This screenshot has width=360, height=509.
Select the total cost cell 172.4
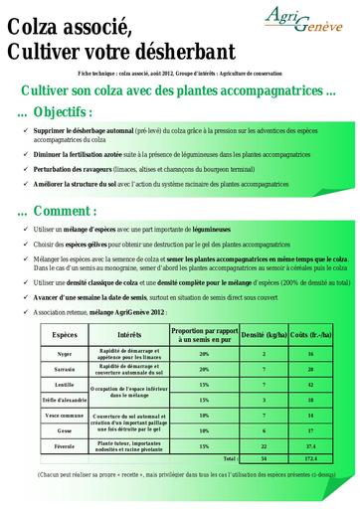tap(311, 458)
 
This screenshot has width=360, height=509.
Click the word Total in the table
tap(230, 458)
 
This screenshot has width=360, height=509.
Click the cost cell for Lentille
tap(311, 384)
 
